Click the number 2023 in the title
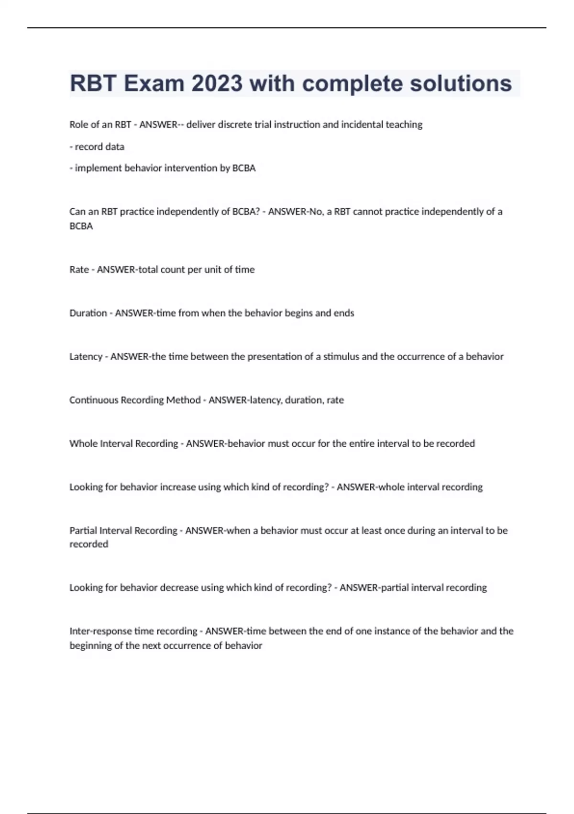217,83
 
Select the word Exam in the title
154,83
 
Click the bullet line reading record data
97,147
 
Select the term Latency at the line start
86,357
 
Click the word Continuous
94,400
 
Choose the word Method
183,400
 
